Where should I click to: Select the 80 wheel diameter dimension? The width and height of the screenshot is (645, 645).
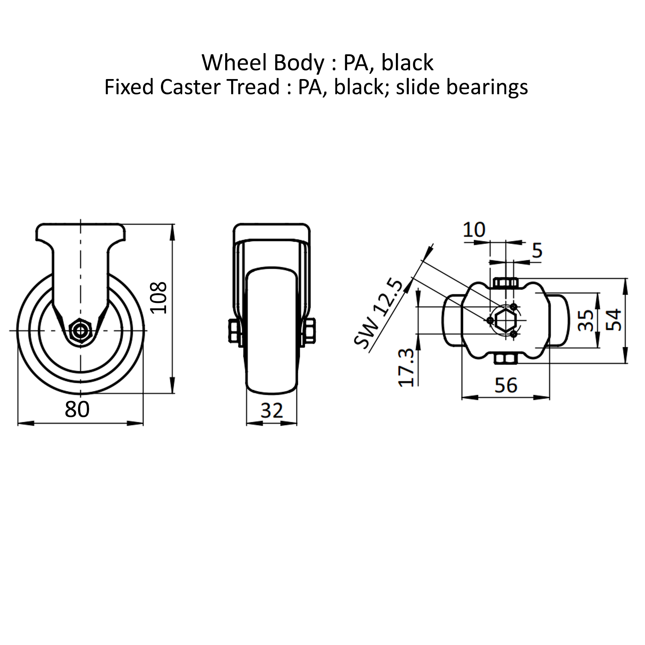click(77, 410)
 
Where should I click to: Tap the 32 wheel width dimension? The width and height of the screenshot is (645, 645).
click(271, 411)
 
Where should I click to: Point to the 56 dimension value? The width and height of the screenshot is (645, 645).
click(506, 385)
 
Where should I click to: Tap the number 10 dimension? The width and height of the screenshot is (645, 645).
click(474, 230)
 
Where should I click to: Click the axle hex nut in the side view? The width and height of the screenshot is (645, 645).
click(80, 330)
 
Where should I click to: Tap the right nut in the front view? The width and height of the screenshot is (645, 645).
click(310, 330)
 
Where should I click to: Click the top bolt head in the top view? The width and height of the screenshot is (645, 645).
click(505, 283)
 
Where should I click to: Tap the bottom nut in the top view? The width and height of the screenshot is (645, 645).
click(505, 359)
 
